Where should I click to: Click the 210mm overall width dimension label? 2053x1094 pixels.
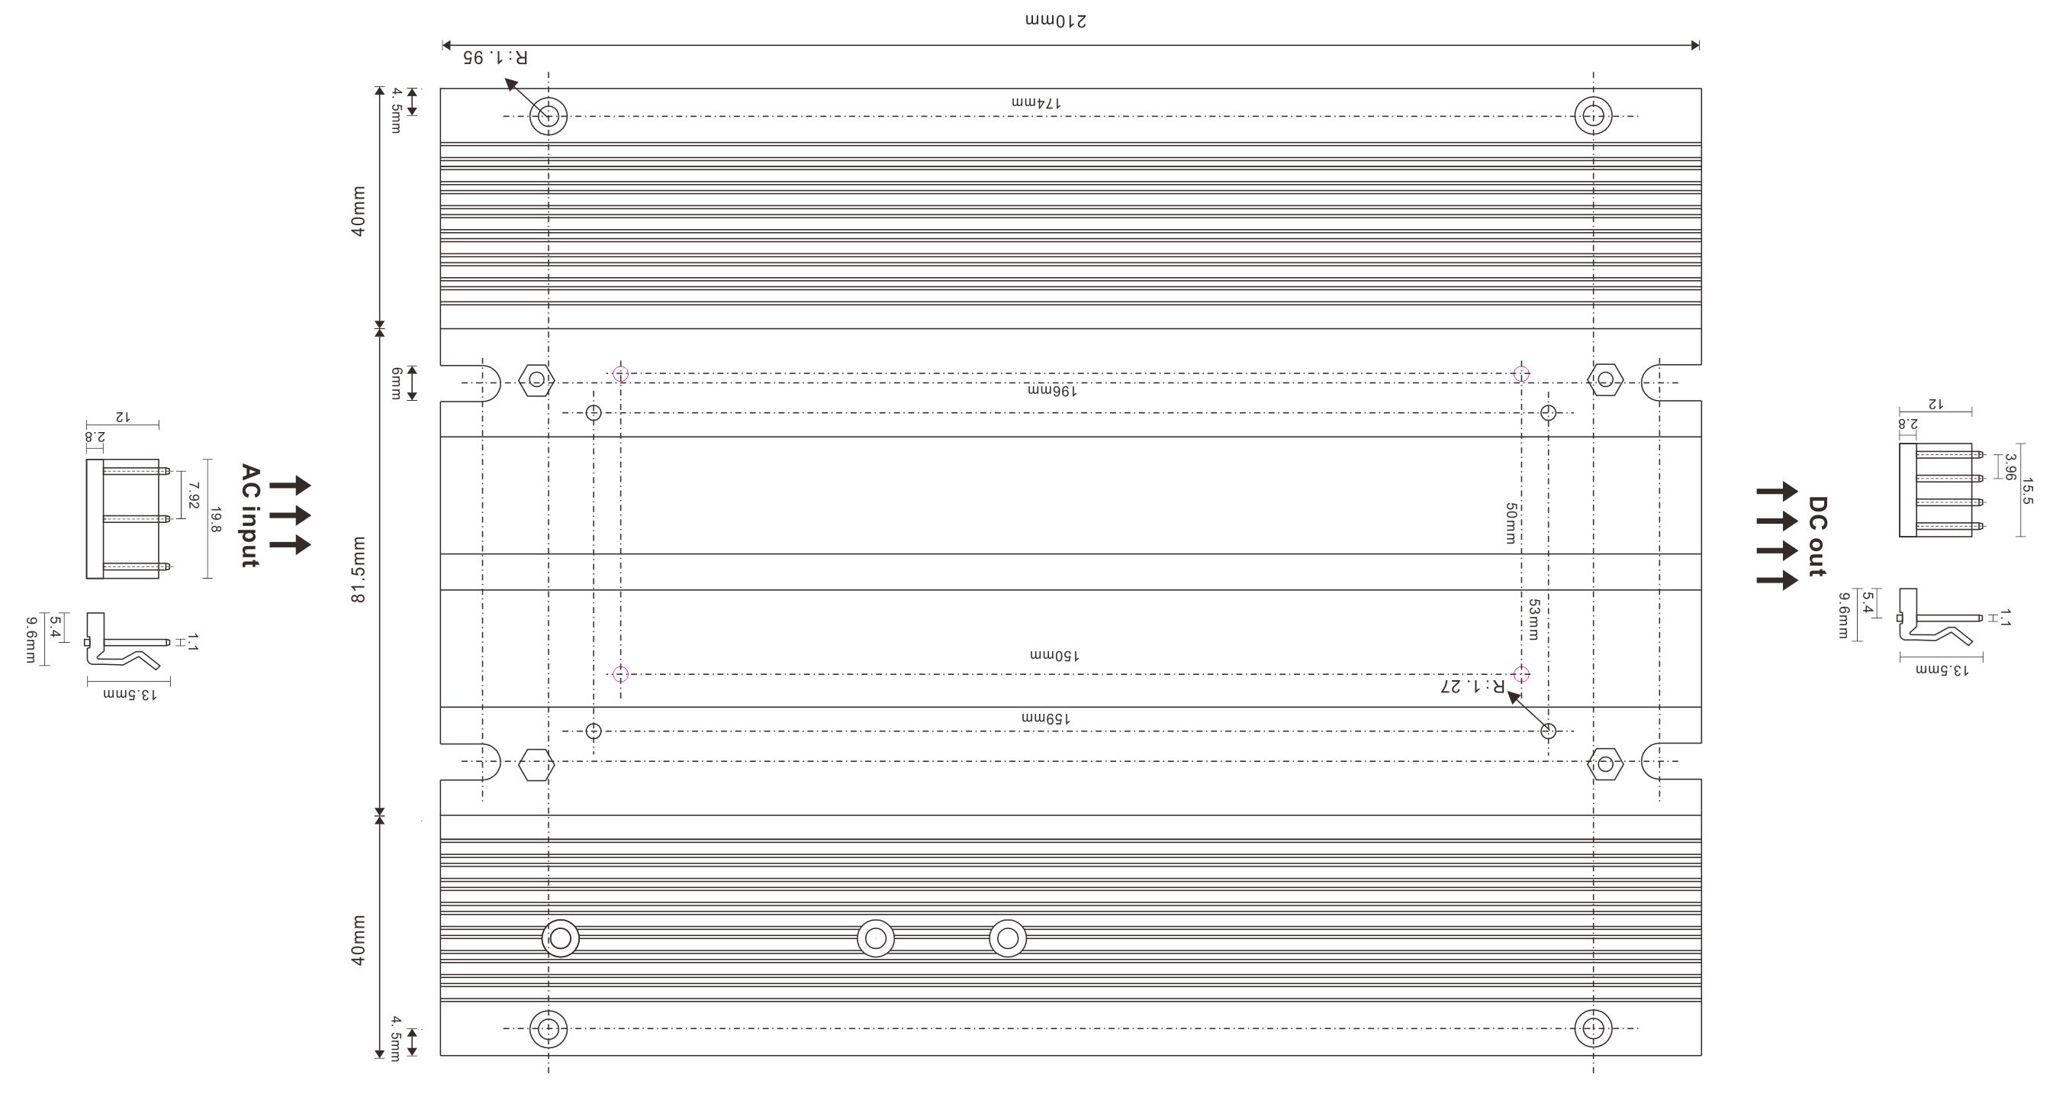[1056, 21]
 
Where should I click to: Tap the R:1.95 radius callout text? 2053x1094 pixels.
[495, 56]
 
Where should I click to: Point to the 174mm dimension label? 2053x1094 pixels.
[1036, 103]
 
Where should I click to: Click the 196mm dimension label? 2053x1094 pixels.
[1052, 391]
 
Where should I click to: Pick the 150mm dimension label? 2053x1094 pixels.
[1054, 656]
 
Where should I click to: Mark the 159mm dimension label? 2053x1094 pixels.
[1047, 718]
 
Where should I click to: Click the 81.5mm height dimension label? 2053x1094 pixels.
[359, 570]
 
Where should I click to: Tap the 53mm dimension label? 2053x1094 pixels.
[1533, 620]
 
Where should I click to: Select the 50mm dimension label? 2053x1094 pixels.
[1511, 523]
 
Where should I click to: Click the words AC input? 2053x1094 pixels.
[250, 515]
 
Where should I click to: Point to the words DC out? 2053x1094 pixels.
[1817, 536]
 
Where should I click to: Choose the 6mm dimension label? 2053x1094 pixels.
[396, 383]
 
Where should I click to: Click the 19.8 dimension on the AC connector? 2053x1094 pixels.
[215, 519]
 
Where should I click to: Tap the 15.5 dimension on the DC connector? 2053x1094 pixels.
[2028, 490]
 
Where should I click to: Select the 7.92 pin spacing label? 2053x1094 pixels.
[193, 495]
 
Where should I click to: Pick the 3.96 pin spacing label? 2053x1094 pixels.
[2010, 466]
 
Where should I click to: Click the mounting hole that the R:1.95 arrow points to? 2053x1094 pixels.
[549, 115]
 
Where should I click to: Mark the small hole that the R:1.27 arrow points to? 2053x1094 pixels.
[1548, 731]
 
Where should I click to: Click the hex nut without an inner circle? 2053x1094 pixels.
[536, 765]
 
